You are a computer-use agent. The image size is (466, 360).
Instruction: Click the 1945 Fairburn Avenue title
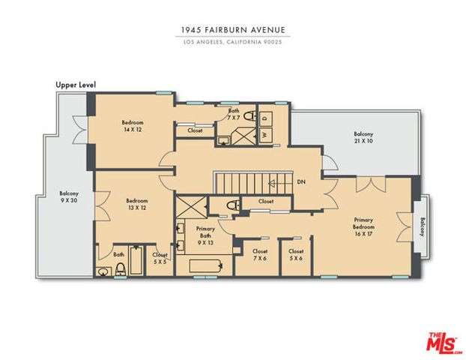coord(233,30)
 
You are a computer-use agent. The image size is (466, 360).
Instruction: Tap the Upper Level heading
coord(76,85)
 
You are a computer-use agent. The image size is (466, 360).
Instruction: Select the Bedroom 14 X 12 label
coord(133,126)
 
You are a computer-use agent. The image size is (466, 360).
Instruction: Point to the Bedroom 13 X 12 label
coord(137,204)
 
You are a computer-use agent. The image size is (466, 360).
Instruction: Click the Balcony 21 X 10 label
coord(363,137)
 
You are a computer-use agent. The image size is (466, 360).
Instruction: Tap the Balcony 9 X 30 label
coord(69,196)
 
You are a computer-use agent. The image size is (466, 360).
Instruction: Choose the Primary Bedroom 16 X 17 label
coord(363,226)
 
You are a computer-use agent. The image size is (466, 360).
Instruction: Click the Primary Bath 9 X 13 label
coord(205,235)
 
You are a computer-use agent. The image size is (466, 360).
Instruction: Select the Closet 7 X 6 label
coord(260,255)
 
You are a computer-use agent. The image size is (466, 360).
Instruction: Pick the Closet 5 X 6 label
coord(296,255)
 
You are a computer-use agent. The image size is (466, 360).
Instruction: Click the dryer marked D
coord(265,117)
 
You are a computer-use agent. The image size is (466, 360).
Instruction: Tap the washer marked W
coord(265,135)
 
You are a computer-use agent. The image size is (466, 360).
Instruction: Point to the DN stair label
coord(301,181)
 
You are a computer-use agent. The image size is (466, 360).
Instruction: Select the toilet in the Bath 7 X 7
coord(249,115)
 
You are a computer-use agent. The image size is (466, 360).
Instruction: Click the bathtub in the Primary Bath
coord(206,265)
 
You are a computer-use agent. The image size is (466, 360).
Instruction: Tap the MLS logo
coord(441,343)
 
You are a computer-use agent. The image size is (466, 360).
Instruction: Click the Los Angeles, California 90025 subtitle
coord(233,42)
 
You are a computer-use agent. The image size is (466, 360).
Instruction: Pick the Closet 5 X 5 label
coord(160,258)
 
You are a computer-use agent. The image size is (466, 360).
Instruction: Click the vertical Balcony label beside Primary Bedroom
coord(423,227)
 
